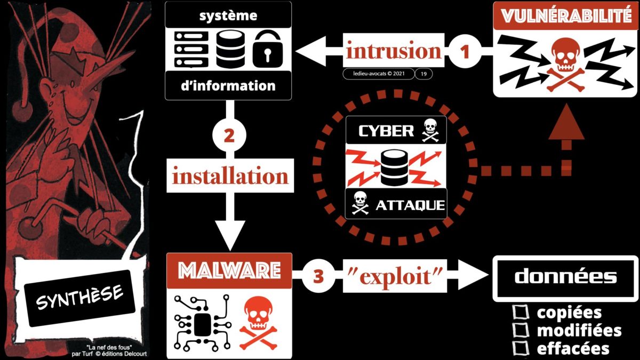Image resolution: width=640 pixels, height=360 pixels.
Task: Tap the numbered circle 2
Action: (228, 136)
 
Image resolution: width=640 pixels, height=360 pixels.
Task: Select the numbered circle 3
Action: (318, 276)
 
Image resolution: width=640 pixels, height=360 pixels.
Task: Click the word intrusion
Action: (394, 52)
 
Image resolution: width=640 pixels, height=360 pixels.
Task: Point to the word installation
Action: (230, 175)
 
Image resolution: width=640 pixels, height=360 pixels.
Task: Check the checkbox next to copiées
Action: (519, 313)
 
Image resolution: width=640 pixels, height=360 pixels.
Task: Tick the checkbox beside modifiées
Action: (519, 330)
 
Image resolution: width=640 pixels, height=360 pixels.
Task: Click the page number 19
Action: (423, 74)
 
